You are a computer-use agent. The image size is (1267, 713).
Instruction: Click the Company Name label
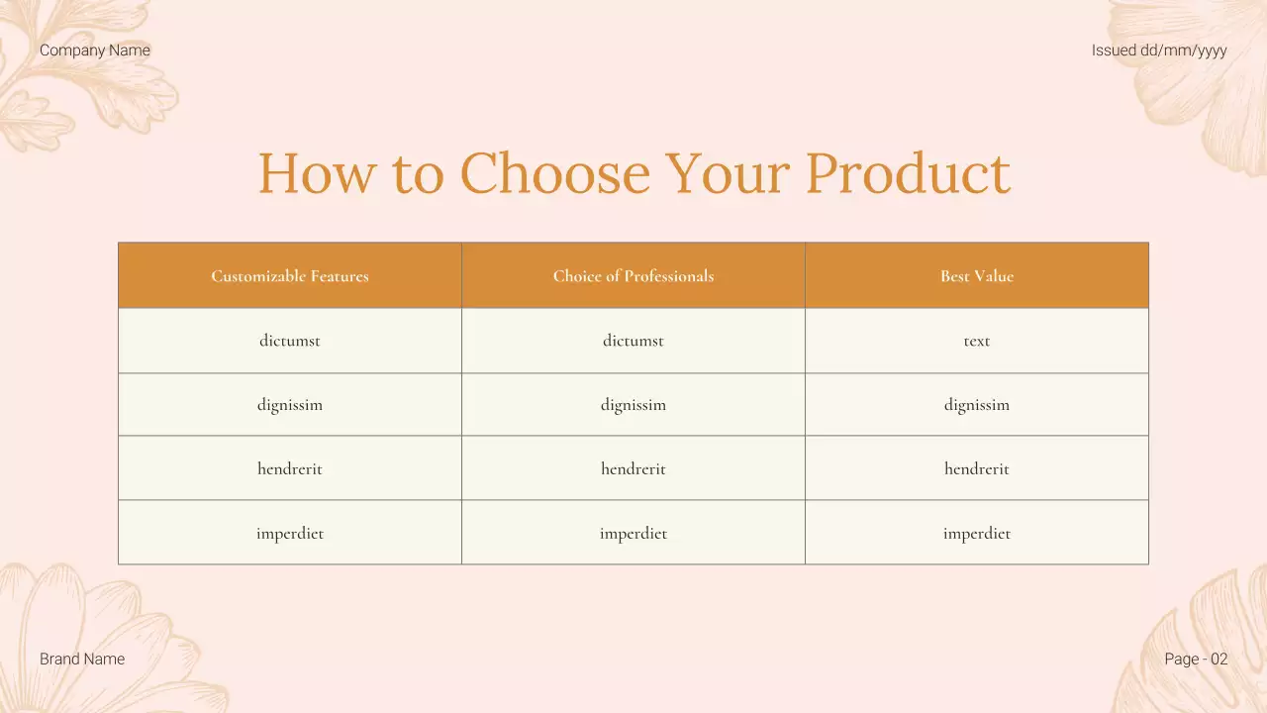95,51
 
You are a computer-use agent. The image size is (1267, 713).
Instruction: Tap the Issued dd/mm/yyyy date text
1159,51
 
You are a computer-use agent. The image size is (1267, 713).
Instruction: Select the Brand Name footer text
82,659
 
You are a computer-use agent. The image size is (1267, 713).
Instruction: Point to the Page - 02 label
1196,659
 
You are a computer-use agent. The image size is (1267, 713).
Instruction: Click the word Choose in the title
554,173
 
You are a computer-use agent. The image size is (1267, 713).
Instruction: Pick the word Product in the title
907,173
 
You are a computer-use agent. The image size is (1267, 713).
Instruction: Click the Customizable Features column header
290,276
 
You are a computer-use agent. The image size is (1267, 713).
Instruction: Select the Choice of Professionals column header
633,276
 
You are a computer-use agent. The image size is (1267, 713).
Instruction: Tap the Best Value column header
977,276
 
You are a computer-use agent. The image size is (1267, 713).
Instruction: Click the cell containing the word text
977,341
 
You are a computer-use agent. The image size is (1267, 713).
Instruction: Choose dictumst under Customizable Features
290,341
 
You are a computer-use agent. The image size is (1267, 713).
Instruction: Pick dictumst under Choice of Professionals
633,341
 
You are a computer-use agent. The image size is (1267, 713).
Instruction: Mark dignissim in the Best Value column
977,405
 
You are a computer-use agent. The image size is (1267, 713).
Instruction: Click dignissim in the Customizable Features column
290,405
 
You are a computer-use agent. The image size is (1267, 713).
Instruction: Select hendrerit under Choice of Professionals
633,469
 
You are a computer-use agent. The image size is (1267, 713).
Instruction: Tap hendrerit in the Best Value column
977,469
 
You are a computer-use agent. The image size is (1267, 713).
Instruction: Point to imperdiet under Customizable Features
290,534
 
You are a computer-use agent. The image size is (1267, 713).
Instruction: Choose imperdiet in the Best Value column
977,534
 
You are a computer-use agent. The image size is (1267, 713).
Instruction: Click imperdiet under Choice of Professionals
633,534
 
